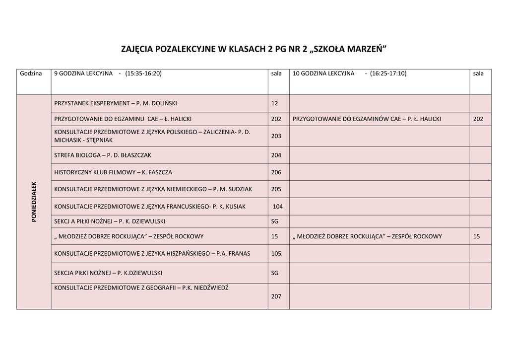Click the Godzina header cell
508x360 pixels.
pyautogui.click(x=31, y=73)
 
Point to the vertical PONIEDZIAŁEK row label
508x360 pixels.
pyautogui.click(x=34, y=202)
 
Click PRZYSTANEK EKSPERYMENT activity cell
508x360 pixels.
pyautogui.click(x=115, y=103)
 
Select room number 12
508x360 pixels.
pyautogui.click(x=275, y=103)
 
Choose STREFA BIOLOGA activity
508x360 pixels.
pyautogui.click(x=103, y=155)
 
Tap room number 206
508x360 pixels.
pyautogui.click(x=276, y=172)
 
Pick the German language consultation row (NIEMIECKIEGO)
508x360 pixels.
pyautogui.click(x=153, y=189)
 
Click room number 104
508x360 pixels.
pyautogui.click(x=278, y=206)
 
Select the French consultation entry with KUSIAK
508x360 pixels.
pyautogui.click(x=150, y=206)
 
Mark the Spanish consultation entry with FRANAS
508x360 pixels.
pyautogui.click(x=152, y=253)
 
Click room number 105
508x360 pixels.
pyautogui.click(x=276, y=253)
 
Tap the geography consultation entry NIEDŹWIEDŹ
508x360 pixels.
pyautogui.click(x=141, y=288)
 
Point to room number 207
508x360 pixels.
pyautogui.click(x=276, y=296)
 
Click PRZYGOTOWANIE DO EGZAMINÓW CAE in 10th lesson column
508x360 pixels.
pyautogui.click(x=367, y=119)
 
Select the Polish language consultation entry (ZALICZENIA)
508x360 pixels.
pyautogui.click(x=152, y=136)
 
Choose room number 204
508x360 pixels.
pyautogui.click(x=276, y=155)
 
